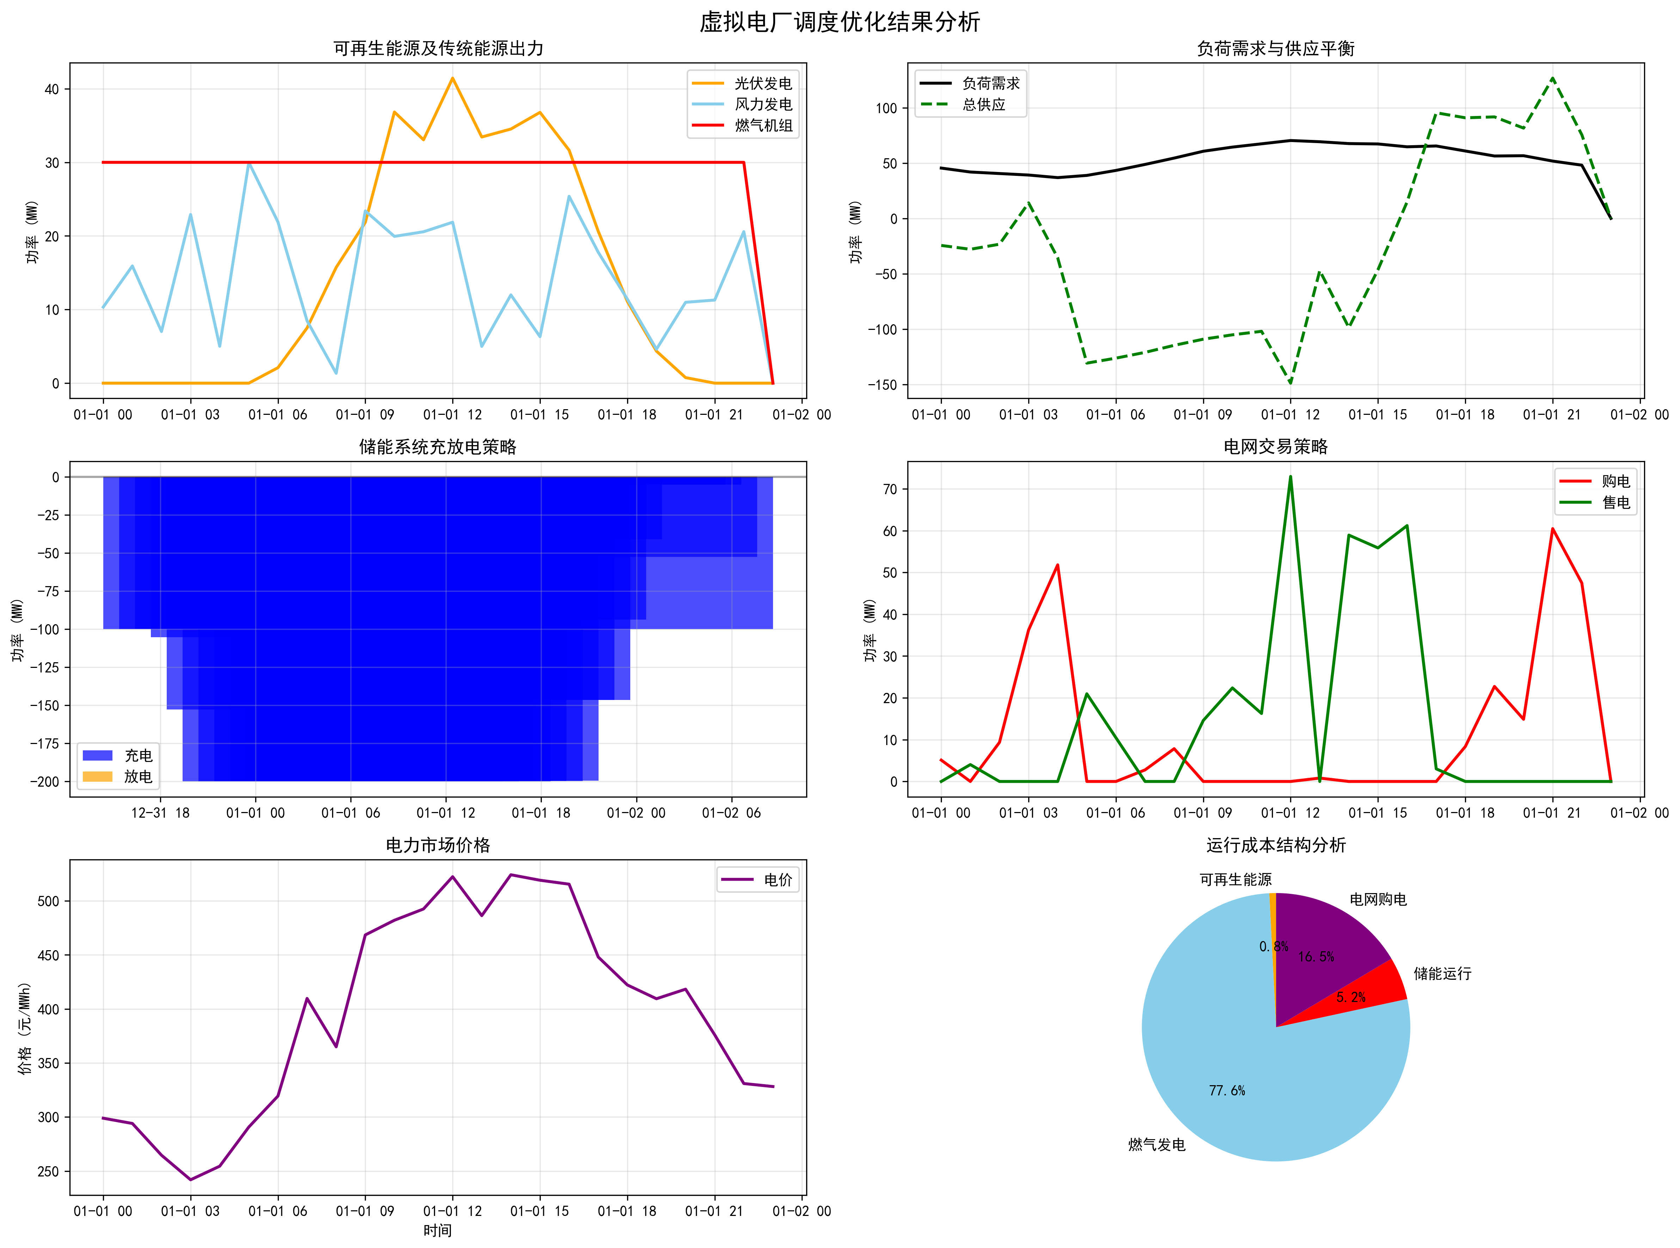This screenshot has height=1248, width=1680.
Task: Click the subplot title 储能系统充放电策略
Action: point(438,447)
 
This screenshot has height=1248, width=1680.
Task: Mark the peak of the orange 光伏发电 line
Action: point(453,78)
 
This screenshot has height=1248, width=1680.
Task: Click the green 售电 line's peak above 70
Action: point(1290,477)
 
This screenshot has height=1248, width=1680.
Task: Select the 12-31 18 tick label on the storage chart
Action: point(160,813)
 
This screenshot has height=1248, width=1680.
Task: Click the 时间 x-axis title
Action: point(437,1231)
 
